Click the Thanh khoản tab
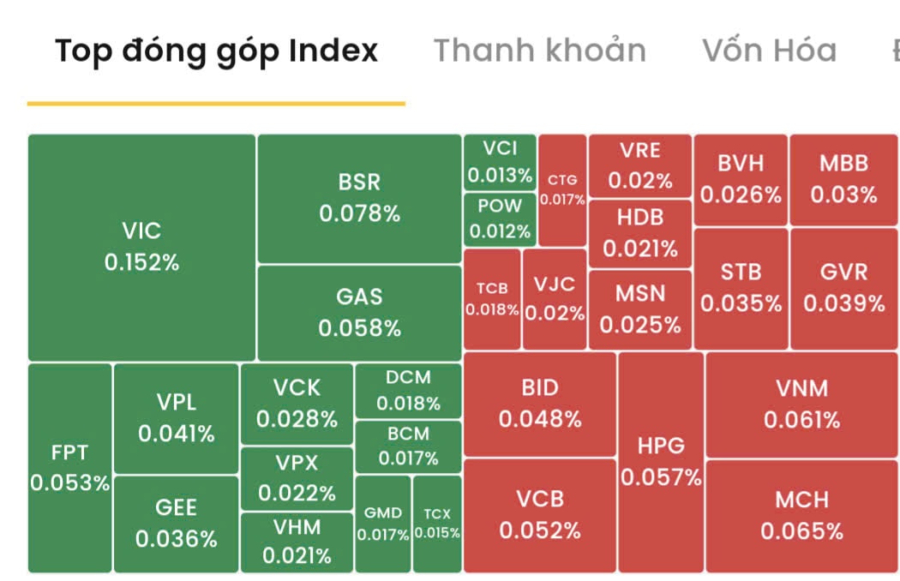tap(539, 51)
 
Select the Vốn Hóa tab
tap(769, 51)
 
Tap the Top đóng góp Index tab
tap(216, 51)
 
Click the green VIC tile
tap(141, 247)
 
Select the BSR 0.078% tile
tap(359, 198)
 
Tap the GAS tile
tap(359, 312)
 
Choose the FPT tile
tap(69, 468)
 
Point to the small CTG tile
tap(562, 190)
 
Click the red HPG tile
tap(661, 462)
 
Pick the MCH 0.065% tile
tap(801, 516)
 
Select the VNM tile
tap(801, 404)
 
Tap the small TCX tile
tap(437, 524)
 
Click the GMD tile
tap(383, 524)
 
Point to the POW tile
tap(500, 219)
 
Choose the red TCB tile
tap(492, 299)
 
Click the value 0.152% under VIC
tap(141, 262)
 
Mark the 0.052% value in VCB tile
tap(540, 531)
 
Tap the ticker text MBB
tap(843, 163)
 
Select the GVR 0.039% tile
tap(843, 288)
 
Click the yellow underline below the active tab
tap(216, 103)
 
